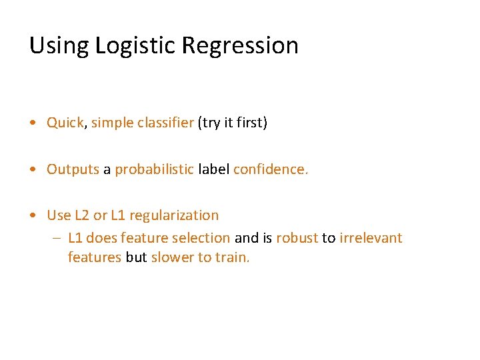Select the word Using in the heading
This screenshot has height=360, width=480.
pyautogui.click(x=59, y=46)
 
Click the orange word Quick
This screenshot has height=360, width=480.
pyautogui.click(x=65, y=123)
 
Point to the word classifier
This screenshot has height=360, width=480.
pyautogui.click(x=163, y=123)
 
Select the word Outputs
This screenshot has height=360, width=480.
pyautogui.click(x=73, y=169)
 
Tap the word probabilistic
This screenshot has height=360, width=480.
pyautogui.click(x=154, y=169)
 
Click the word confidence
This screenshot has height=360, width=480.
pyautogui.click(x=271, y=169)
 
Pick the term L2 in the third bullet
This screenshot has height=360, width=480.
pyautogui.click(x=80, y=215)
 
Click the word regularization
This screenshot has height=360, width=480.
pyautogui.click(x=174, y=215)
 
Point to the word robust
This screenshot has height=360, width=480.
pyautogui.click(x=297, y=238)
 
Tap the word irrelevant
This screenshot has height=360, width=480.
pyautogui.click(x=371, y=238)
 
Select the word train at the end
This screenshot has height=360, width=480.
pyautogui.click(x=232, y=257)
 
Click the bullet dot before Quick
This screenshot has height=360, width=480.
pyautogui.click(x=33, y=123)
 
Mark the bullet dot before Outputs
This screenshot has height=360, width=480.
pyautogui.click(x=33, y=169)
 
